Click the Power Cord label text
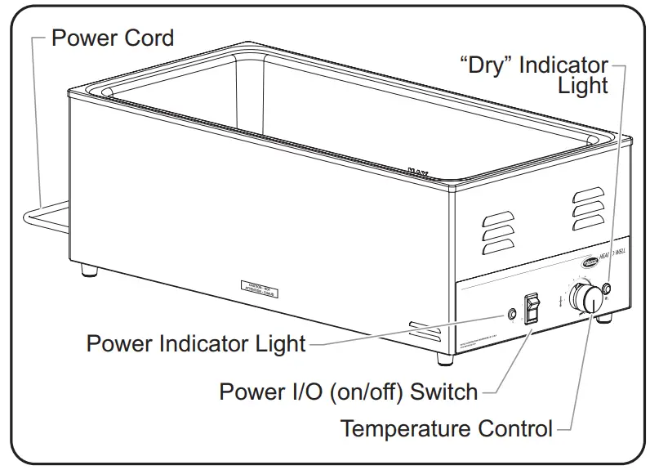pos(113,38)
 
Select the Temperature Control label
pos(446,428)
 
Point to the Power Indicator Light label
pos(196,343)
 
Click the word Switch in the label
pos(444,392)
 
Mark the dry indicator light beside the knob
pos(607,287)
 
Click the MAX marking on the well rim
pos(418,172)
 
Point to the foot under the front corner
pos(443,358)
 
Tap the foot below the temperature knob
pos(606,322)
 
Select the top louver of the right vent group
pos(587,195)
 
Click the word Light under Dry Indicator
pos(583,85)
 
